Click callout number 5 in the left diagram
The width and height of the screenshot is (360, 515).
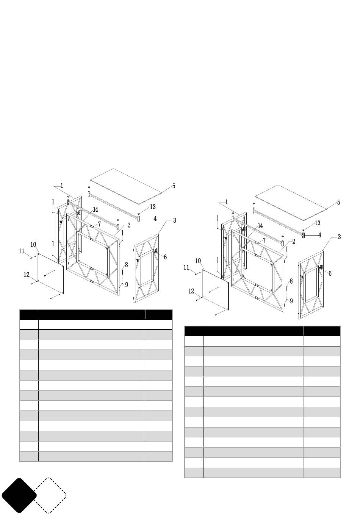click(x=174, y=186)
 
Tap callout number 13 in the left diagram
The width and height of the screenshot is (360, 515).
click(x=153, y=207)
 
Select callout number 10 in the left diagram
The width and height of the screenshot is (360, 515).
click(x=33, y=245)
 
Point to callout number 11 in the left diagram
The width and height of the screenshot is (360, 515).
click(x=21, y=251)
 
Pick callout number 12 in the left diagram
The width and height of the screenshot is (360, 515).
click(x=27, y=275)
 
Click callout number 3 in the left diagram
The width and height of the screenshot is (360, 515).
click(x=175, y=220)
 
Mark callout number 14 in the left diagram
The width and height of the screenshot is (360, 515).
click(x=95, y=209)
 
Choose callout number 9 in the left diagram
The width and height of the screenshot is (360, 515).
click(x=127, y=285)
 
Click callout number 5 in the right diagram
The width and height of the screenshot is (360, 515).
click(x=338, y=202)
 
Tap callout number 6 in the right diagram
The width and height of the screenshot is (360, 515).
click(x=330, y=273)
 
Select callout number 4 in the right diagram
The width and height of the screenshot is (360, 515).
click(x=320, y=235)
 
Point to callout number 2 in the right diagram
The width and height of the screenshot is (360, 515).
click(x=294, y=242)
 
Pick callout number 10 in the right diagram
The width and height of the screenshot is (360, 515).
click(x=198, y=261)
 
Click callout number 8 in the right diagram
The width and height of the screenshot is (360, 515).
click(x=291, y=281)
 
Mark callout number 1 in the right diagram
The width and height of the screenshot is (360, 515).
click(x=226, y=202)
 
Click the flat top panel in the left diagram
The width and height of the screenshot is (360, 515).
click(x=126, y=186)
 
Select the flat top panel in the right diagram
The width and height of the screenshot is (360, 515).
click(x=291, y=203)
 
